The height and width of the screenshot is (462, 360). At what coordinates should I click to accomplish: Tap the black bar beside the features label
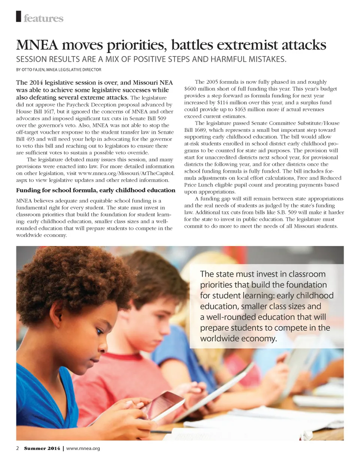pyautogui.click(x=18, y=17)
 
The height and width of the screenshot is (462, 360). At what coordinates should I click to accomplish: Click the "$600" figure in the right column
pyautogui.click(x=192, y=88)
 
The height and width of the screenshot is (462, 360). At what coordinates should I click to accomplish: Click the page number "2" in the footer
pyautogui.click(x=18, y=448)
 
